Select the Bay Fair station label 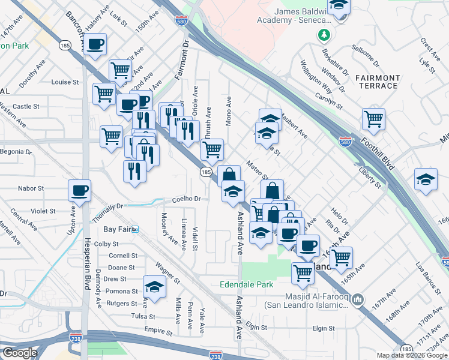tap(119, 229)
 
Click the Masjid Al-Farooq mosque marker tap(358, 298)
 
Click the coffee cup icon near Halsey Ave tap(95, 44)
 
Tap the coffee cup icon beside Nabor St tap(79, 191)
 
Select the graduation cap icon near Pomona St tap(154, 286)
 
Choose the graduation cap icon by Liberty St tap(426, 179)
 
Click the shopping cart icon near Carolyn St tap(373, 118)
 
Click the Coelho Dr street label tap(185, 199)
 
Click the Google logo tap(19, 353)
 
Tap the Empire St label tap(158, 330)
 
